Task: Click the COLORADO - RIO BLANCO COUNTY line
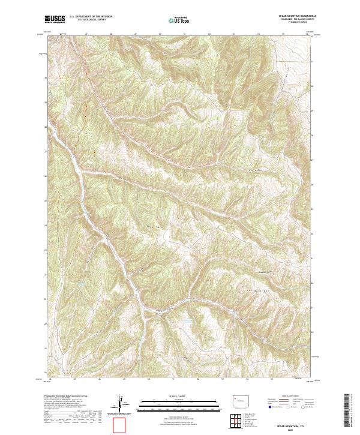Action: tap(296, 20)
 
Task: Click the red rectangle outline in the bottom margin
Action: tap(120, 425)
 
